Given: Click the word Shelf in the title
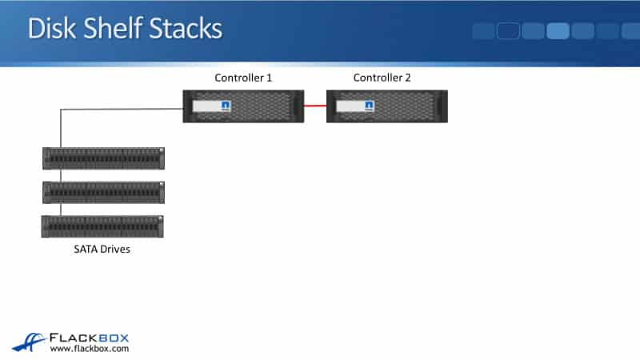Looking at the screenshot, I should point(117,29).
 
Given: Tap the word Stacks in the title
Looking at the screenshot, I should point(188,29).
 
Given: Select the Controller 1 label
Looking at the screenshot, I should point(244,78).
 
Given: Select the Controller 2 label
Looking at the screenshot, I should point(382,78).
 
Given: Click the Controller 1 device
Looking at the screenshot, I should point(243,106).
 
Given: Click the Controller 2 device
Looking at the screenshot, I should point(387,106).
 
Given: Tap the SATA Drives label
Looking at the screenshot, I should point(102,250).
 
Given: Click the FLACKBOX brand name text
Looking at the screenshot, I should point(90,338).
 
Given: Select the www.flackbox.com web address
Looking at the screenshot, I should point(90,349).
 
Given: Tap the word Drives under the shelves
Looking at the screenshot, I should point(116,250).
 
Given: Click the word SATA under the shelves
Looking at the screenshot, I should point(86,250).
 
